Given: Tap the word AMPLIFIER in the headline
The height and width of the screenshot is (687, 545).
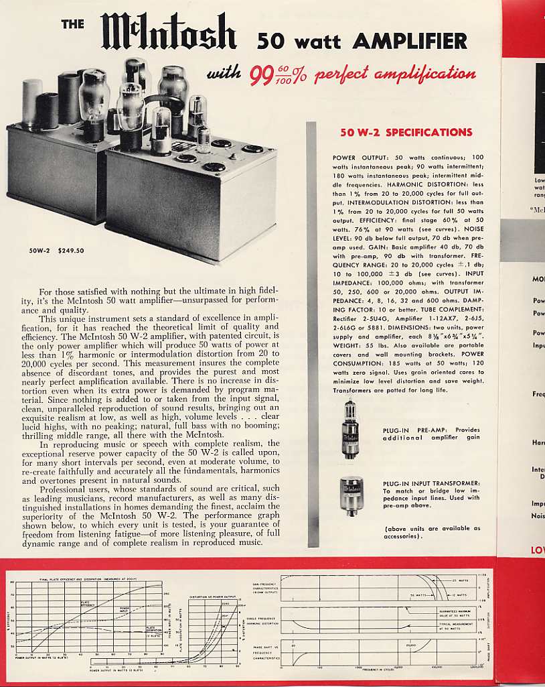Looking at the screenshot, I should coord(410,42).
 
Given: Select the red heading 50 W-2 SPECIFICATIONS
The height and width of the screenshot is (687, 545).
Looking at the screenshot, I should coord(406,132).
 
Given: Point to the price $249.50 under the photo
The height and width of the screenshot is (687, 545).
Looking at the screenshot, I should coord(71,251).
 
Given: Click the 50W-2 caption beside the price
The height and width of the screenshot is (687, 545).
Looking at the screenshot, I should coord(40,251).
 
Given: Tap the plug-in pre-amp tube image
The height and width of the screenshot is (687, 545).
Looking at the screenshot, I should coord(350,429).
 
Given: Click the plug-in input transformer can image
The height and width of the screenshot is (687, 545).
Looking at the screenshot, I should coord(351,495).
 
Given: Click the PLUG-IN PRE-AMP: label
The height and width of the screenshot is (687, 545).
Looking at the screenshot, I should coord(418,430).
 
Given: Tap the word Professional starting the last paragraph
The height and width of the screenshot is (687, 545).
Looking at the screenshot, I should coord(68,489).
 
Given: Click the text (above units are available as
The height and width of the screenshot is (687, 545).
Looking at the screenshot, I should coord(433,528).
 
